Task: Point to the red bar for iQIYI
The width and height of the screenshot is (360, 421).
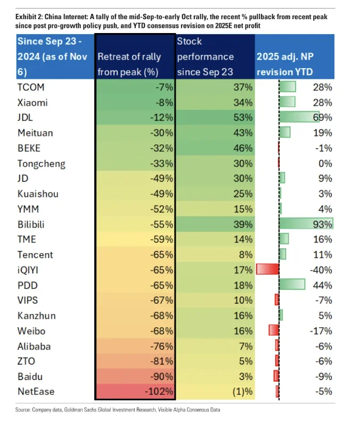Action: tap(267, 270)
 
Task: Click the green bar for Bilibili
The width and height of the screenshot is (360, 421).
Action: tap(306, 224)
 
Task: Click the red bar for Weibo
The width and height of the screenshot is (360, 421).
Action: tap(274, 331)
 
